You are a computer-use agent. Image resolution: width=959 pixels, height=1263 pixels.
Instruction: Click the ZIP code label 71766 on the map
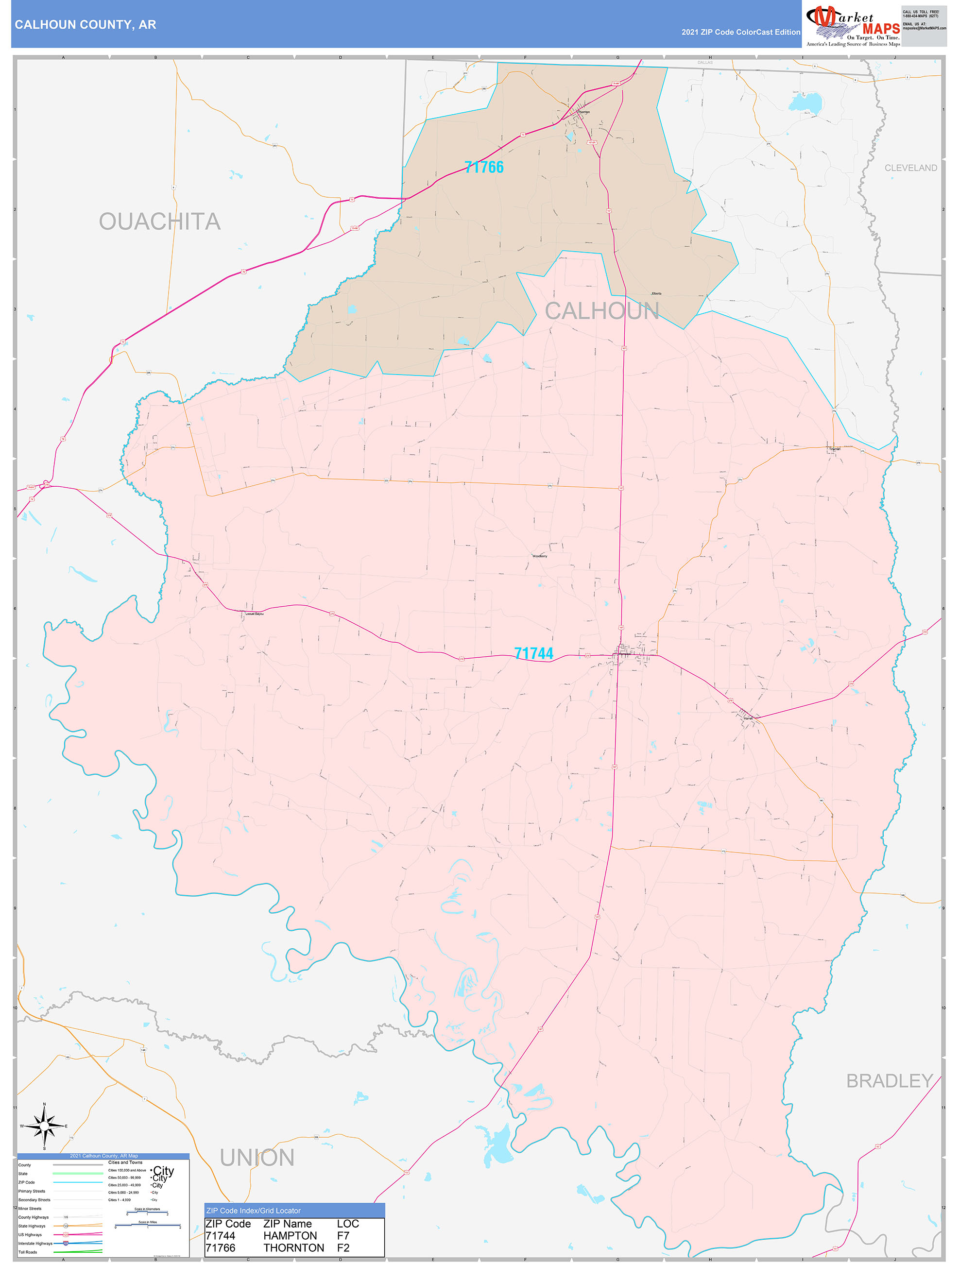click(x=484, y=167)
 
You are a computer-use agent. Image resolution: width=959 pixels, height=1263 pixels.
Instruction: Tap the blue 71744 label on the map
click(x=533, y=653)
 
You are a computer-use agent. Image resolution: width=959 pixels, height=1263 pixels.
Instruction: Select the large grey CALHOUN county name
click(x=602, y=311)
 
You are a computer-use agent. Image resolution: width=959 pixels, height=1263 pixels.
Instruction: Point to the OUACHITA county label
click(x=159, y=222)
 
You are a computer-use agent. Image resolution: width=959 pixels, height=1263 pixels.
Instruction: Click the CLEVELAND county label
click(x=910, y=168)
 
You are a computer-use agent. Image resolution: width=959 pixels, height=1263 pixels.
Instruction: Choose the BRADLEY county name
click(x=889, y=1081)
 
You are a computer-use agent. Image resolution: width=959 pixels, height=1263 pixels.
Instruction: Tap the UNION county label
click(x=257, y=1158)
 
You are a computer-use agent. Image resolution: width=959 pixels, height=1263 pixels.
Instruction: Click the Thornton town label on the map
click(x=584, y=112)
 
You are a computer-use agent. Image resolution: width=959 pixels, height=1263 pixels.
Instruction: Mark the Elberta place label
click(x=656, y=293)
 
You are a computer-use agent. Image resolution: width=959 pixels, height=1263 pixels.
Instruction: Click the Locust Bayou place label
click(x=255, y=614)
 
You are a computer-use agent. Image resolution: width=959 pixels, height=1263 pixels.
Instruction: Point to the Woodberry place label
click(x=540, y=556)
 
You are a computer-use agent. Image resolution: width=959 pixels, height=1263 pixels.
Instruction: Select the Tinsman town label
click(x=835, y=449)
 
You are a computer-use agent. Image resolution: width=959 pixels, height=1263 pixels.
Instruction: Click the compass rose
click(x=44, y=1126)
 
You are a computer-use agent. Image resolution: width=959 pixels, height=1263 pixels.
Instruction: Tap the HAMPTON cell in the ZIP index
click(x=290, y=1236)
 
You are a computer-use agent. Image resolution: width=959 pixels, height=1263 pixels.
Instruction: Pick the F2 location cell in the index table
click(x=343, y=1248)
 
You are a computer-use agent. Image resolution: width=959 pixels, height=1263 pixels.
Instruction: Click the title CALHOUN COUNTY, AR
click(x=86, y=25)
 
